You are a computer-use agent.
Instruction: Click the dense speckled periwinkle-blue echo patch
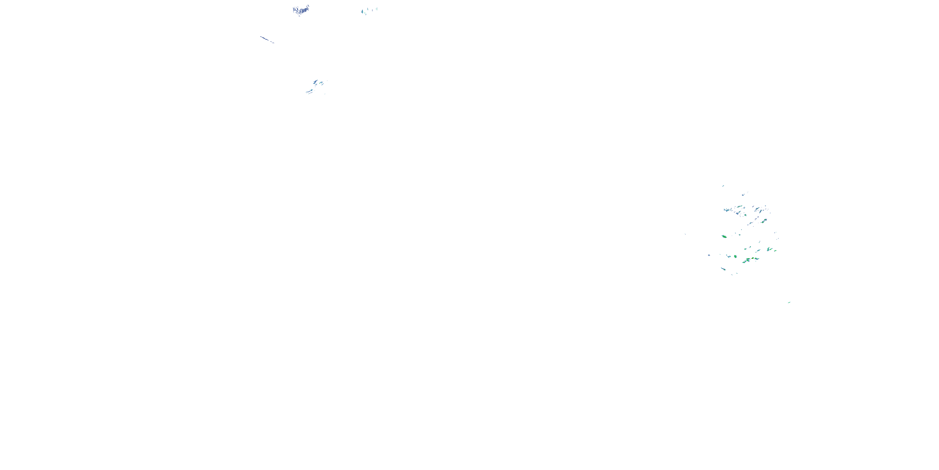click(301, 10)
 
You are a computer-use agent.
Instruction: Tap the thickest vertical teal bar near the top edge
click(362, 12)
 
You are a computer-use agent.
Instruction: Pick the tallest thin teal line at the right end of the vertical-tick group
click(377, 9)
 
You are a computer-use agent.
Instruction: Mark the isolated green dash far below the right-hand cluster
click(789, 302)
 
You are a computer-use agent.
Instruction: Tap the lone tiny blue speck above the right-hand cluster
click(723, 186)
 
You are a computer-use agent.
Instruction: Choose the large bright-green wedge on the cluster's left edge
click(724, 237)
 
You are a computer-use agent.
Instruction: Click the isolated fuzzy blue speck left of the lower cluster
click(709, 255)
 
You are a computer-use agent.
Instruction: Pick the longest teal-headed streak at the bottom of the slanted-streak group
click(310, 91)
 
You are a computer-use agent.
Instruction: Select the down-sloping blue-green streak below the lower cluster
click(723, 269)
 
